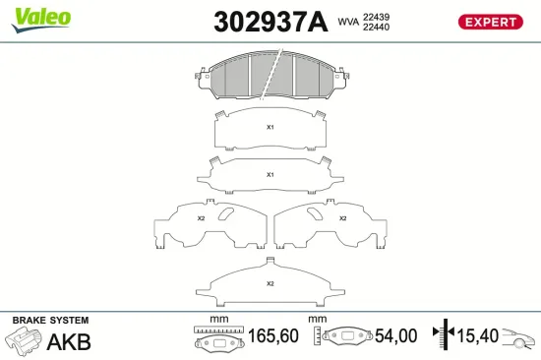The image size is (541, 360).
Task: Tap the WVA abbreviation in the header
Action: (347, 21)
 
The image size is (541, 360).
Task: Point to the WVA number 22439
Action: (376, 16)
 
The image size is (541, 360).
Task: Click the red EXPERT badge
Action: (488, 22)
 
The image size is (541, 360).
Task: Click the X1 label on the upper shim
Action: (270, 127)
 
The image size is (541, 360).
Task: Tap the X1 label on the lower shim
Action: (270, 174)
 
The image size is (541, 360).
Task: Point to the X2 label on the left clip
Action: (201, 217)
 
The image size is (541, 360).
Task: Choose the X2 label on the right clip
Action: (342, 217)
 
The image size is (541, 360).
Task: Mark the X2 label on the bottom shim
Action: (270, 284)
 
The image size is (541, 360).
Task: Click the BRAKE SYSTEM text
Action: (50, 321)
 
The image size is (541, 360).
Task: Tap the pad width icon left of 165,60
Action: (216, 339)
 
